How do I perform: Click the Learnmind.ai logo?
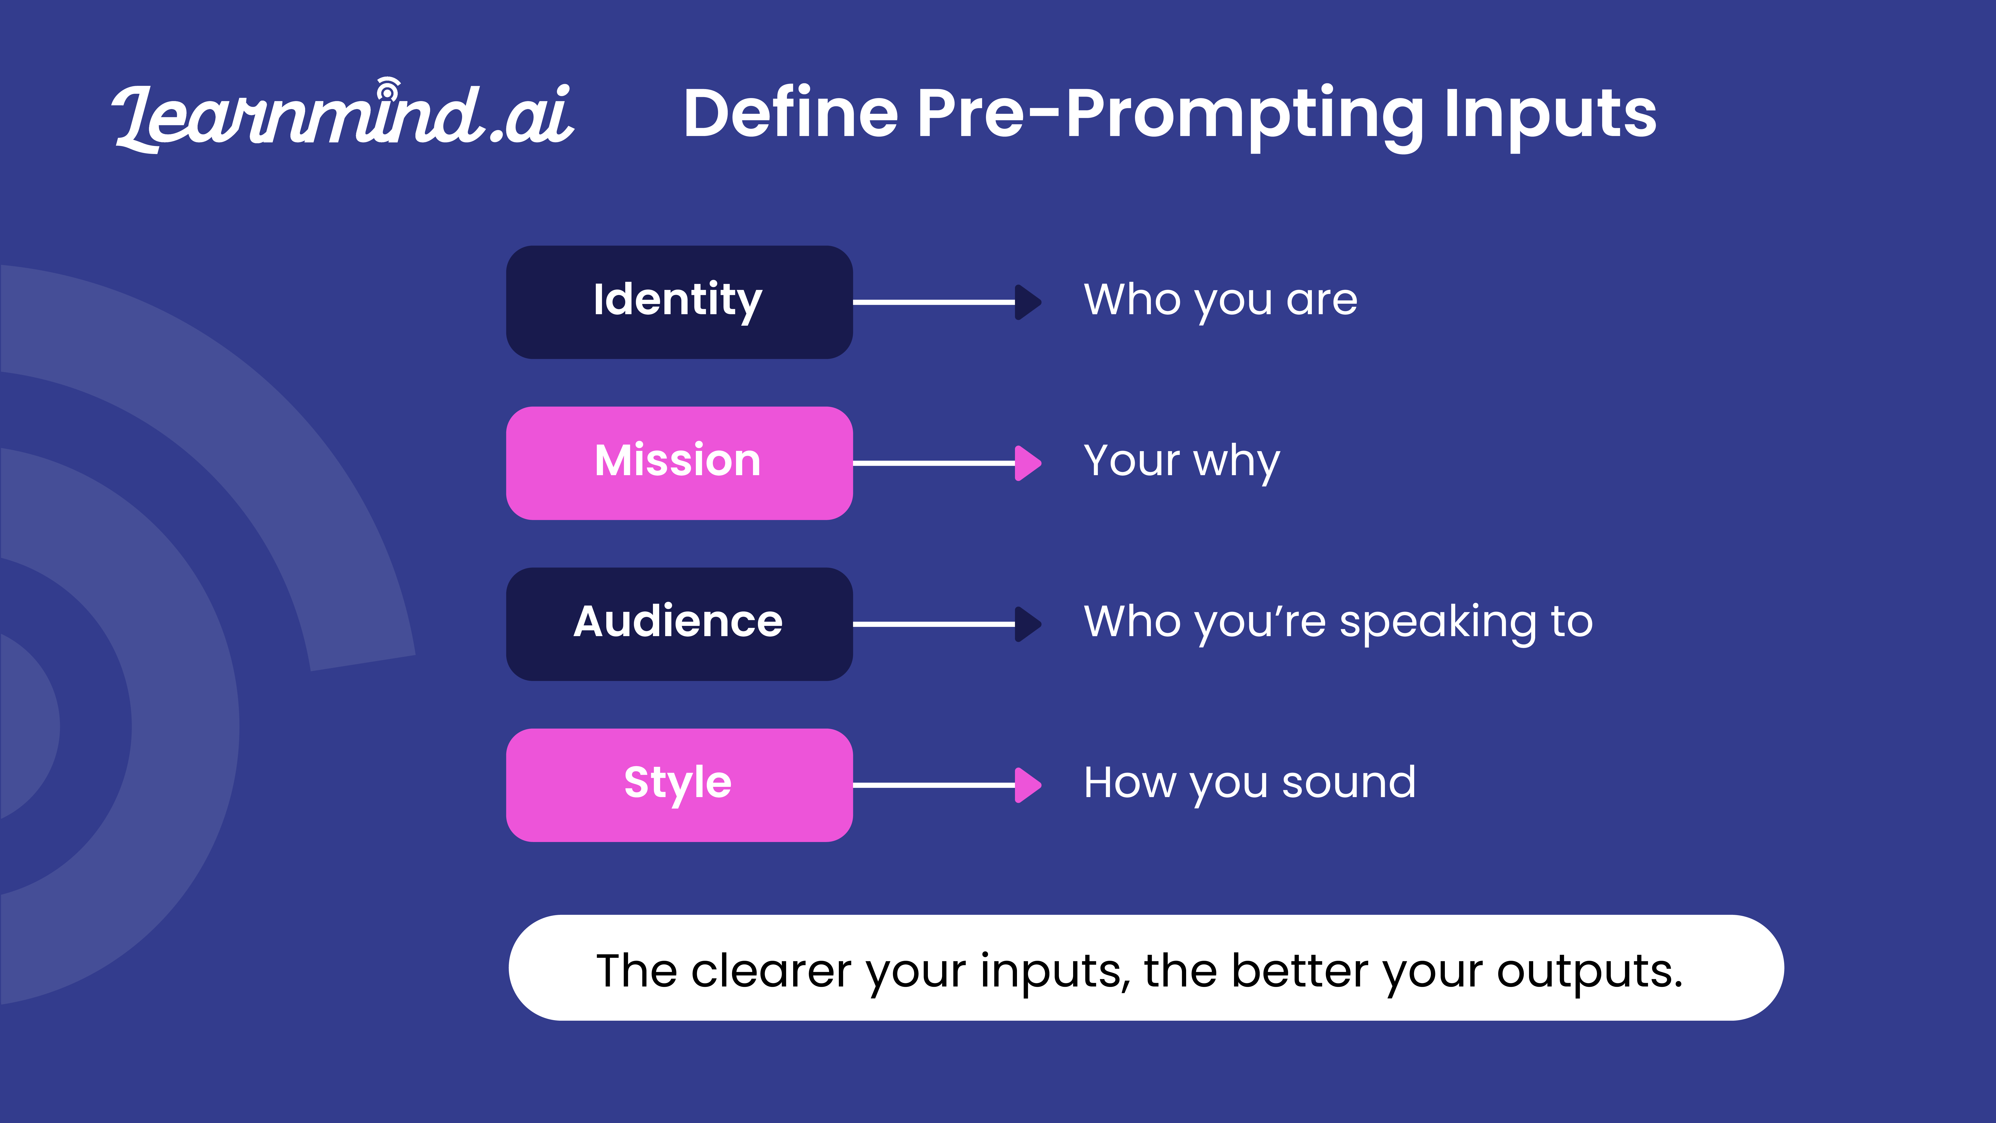point(343,115)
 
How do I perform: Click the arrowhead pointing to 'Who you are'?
point(1027,302)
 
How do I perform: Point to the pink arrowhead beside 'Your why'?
point(1027,463)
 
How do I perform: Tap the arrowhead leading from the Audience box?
point(1027,624)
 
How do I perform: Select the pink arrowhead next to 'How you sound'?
point(1027,785)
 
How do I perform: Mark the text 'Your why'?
point(1182,462)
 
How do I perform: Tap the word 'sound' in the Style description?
point(1349,782)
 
